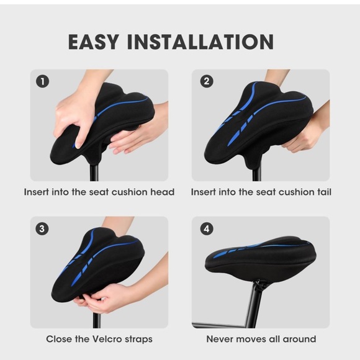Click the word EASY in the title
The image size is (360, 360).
[94, 42]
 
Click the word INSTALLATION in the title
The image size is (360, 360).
[200, 42]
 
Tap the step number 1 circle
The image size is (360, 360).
[42, 81]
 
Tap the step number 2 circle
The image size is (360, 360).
[207, 81]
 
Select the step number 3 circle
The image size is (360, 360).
[42, 228]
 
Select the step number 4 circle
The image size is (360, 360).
[207, 228]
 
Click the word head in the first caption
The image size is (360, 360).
[163, 192]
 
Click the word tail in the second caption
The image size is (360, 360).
[324, 192]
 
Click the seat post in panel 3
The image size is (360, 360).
[97, 320]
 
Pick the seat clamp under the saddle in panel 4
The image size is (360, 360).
[260, 285]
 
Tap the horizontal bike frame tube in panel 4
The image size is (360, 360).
[220, 325]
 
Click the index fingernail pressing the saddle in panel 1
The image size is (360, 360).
[78, 145]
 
